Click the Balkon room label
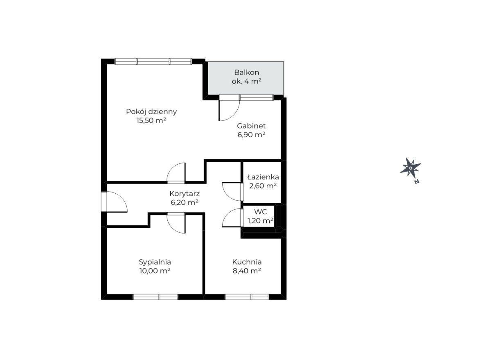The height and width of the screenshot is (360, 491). click(247, 72)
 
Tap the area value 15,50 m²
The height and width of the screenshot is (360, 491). click(151, 120)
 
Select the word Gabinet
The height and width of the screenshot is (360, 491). click(251, 126)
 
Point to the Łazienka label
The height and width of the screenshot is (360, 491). click(263, 177)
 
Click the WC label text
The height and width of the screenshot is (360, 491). click(261, 212)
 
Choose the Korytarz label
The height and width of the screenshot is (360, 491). click(185, 194)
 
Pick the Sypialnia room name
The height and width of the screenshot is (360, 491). click(155, 262)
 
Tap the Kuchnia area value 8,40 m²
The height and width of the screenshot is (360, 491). click(247, 271)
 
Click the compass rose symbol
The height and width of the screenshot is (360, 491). click(410, 168)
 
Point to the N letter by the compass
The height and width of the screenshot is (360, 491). click(417, 182)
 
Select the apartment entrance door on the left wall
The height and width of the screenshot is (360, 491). click(114, 202)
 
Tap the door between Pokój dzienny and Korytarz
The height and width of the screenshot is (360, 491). click(176, 173)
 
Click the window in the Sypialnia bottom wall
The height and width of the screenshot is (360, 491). click(155, 297)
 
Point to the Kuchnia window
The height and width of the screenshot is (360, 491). click(247, 297)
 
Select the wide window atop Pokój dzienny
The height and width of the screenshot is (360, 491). click(153, 61)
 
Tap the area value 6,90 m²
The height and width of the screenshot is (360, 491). click(251, 134)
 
